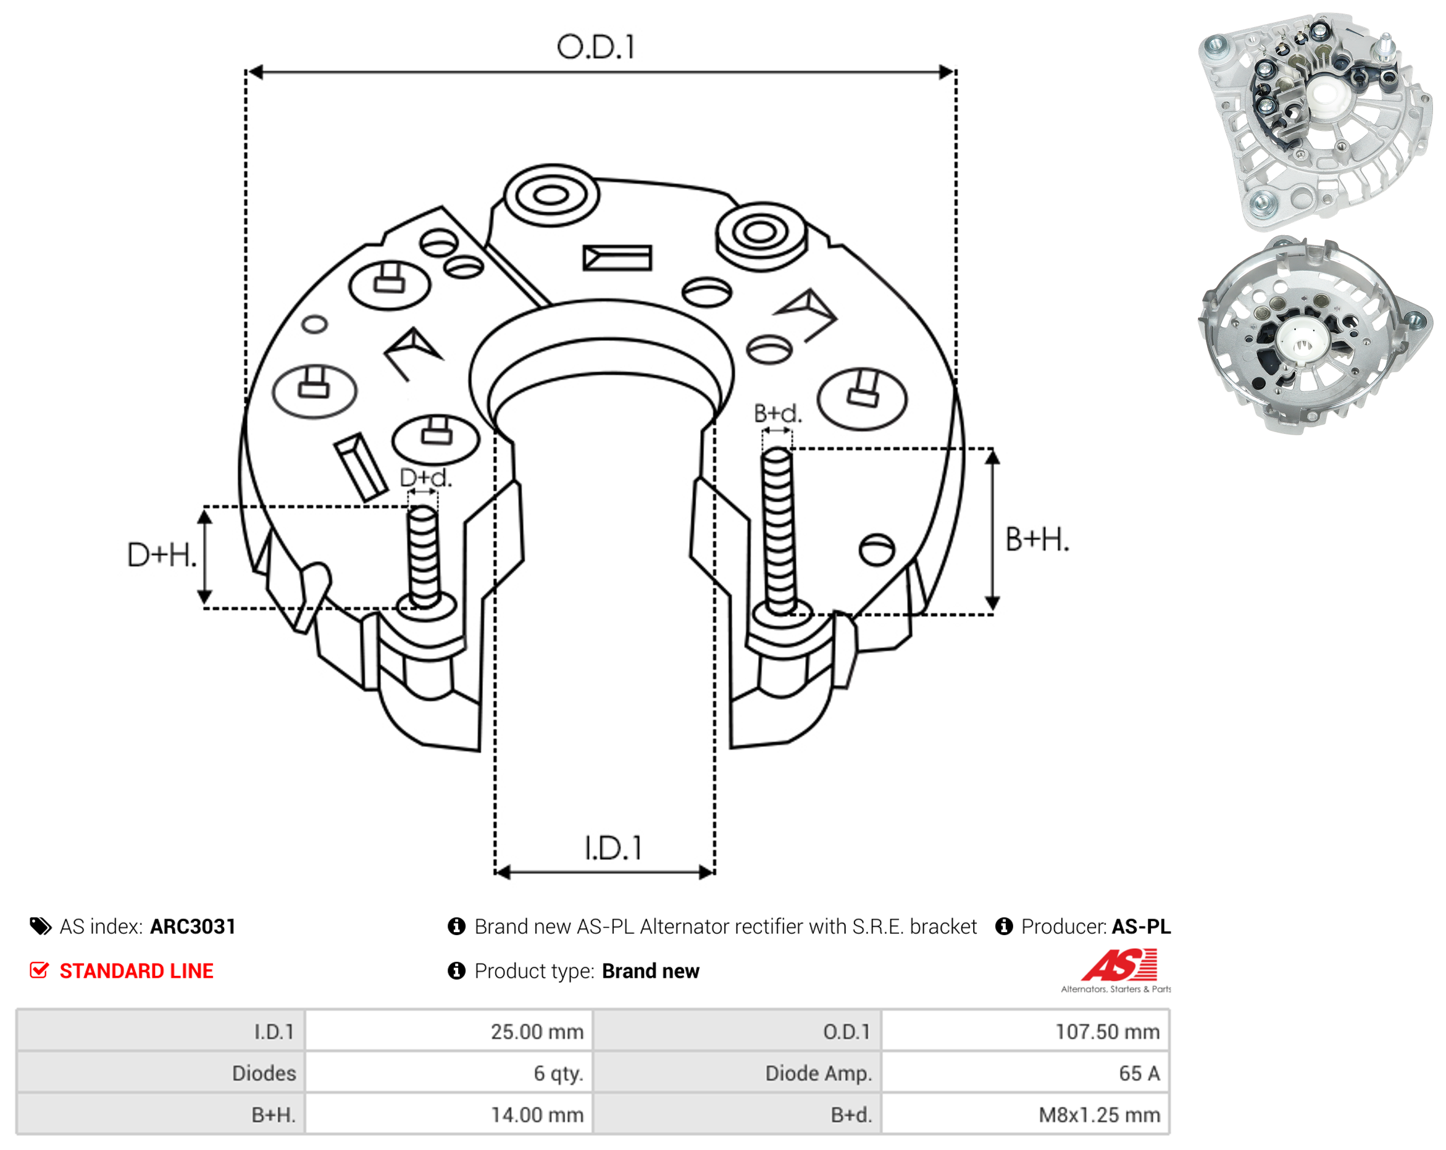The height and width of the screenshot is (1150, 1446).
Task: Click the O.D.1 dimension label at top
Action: [596, 47]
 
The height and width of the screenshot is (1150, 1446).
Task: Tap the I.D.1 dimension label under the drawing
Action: [613, 848]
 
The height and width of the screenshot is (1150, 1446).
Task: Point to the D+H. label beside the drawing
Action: [162, 555]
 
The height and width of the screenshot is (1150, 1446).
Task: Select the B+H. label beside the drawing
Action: [1037, 540]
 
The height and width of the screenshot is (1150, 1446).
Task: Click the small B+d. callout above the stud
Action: [777, 413]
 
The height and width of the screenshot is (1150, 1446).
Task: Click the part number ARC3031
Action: [193, 926]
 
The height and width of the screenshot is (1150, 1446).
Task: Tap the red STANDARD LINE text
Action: [136, 970]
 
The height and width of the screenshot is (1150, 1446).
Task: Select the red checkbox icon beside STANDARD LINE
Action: [40, 970]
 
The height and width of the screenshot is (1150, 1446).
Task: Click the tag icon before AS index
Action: [41, 926]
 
